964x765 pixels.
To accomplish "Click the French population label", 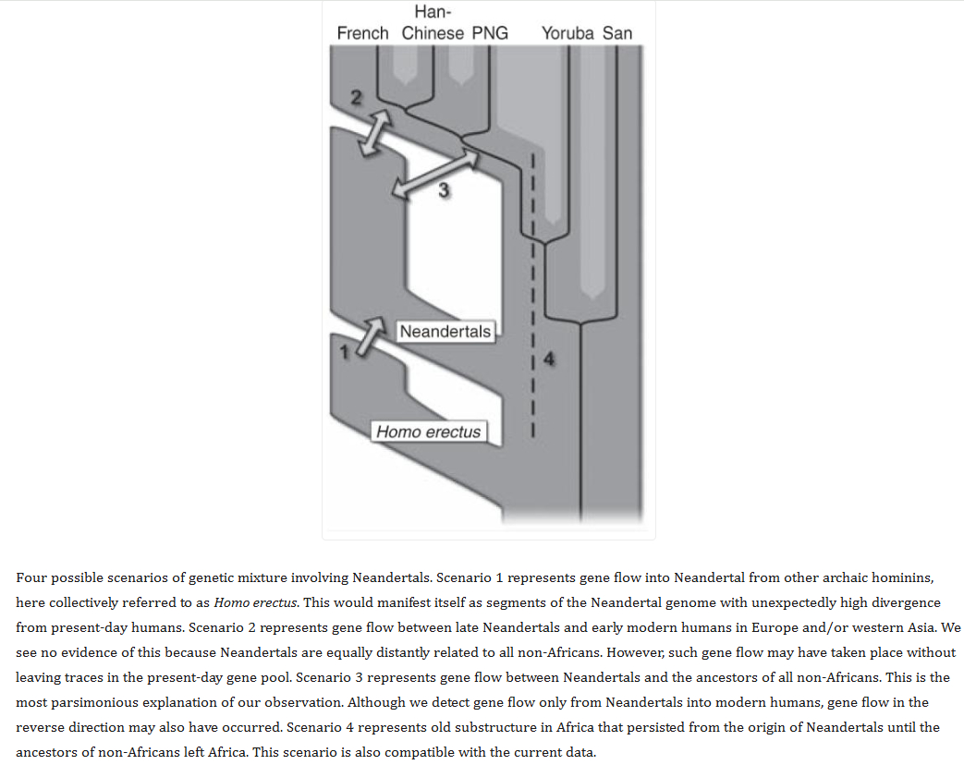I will (362, 33).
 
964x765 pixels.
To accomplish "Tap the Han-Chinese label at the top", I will (433, 23).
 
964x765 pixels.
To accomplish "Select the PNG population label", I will (490, 33).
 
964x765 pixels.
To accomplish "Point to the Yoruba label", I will (568, 33).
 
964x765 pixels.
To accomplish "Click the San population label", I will (617, 33).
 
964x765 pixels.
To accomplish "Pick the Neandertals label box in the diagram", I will (445, 331).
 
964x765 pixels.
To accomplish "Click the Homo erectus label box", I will (428, 431).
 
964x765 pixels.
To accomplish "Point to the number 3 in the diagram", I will (443, 191).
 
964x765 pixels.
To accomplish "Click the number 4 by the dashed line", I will (549, 359).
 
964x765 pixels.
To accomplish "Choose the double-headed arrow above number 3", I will (435, 174).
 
